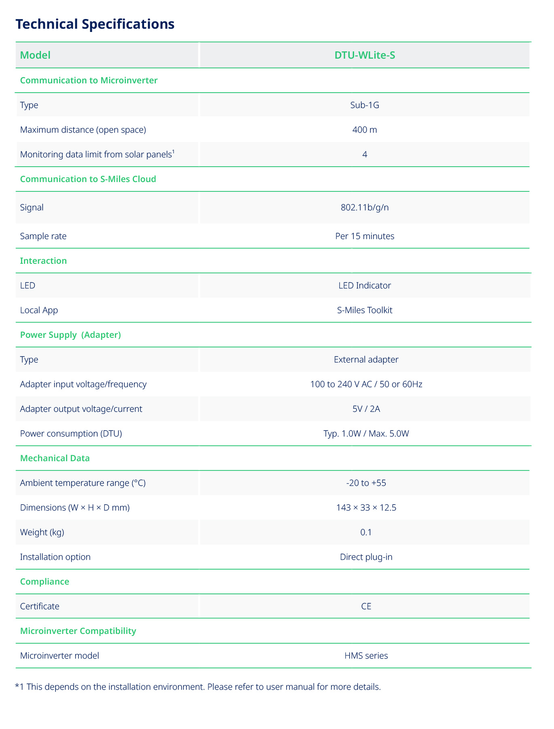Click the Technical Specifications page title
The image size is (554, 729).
(x=95, y=24)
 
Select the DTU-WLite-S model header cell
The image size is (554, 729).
(x=365, y=55)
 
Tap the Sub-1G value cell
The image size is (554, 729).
(x=365, y=105)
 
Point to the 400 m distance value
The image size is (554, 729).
(x=365, y=130)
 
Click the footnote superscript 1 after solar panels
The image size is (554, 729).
(x=173, y=152)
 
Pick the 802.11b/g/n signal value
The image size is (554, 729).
(x=365, y=208)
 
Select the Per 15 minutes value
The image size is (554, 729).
(x=365, y=236)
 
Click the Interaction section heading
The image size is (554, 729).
(x=43, y=261)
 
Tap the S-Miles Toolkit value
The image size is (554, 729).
(x=365, y=310)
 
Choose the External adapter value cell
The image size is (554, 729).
(x=366, y=360)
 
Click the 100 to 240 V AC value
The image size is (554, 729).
(x=366, y=384)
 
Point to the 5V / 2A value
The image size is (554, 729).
(x=366, y=409)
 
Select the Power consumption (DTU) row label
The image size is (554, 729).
(x=71, y=434)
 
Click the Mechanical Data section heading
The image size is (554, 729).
(x=55, y=458)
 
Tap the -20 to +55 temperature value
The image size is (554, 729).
(x=366, y=483)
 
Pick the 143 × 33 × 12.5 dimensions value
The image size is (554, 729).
(x=366, y=508)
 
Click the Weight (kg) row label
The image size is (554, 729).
(x=42, y=532)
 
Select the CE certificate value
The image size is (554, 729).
(x=366, y=606)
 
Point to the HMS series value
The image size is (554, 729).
(x=366, y=656)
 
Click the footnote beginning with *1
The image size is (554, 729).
(x=198, y=687)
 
